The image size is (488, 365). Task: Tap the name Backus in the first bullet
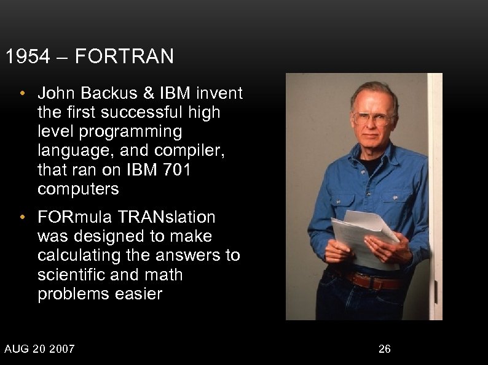tap(109, 94)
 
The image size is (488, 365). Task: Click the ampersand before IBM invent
tap(150, 94)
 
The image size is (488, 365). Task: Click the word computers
tap(78, 189)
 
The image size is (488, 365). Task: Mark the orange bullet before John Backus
tap(22, 94)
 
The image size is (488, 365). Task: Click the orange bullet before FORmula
tap(22, 218)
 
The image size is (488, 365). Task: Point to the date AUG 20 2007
tap(39, 349)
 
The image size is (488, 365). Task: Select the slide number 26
tap(384, 349)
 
